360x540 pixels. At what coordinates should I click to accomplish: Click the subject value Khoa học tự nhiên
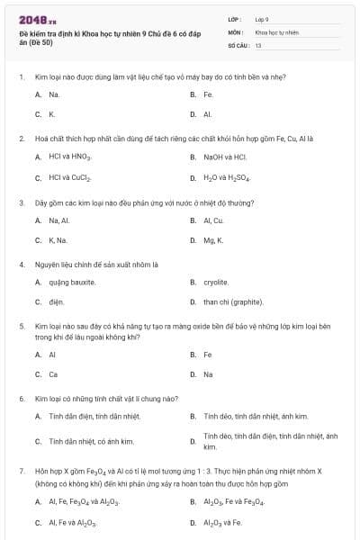pyautogui.click(x=274, y=31)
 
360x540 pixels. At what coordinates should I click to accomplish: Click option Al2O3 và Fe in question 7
pyautogui.click(x=221, y=522)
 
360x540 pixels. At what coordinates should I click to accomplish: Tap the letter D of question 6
pyautogui.click(x=193, y=441)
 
